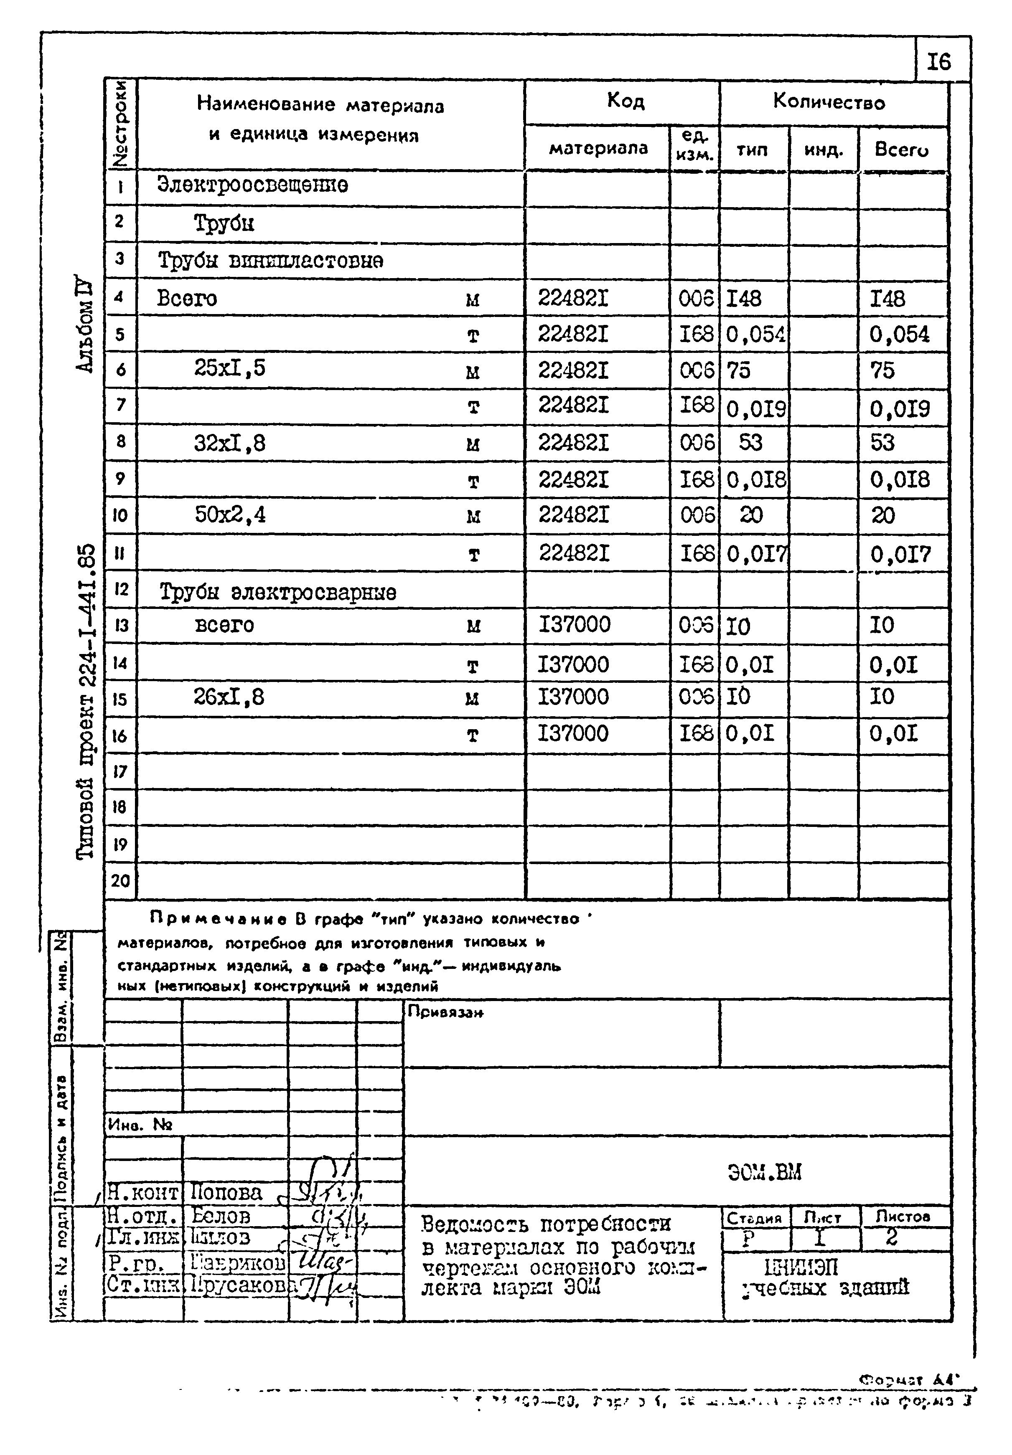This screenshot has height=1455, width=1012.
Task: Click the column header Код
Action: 625,100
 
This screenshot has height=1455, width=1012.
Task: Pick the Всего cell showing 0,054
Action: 899,335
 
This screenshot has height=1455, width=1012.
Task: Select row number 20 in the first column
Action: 120,880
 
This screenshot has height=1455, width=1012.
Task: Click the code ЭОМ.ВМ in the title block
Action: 764,1173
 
